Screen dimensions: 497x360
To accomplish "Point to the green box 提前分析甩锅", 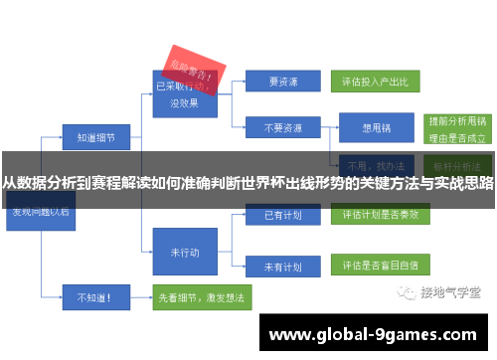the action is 454,117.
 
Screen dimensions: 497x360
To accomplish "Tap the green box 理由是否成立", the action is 454,137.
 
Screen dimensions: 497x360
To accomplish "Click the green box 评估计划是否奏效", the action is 379,214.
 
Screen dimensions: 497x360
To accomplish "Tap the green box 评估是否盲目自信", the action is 379,268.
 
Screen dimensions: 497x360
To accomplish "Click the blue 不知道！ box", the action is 90,296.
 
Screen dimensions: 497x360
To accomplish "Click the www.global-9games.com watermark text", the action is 374,335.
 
